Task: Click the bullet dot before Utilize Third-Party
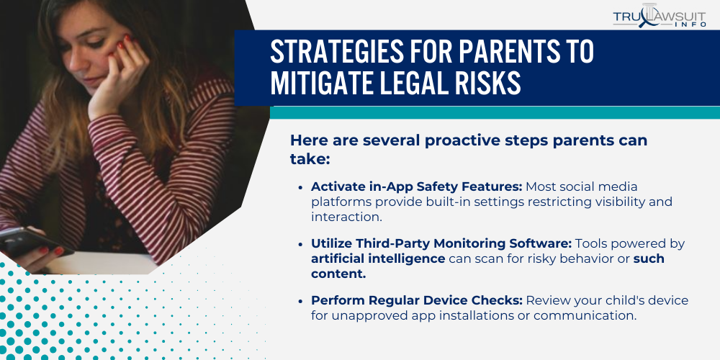[300, 244]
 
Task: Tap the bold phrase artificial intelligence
[378, 258]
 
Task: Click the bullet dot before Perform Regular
[300, 301]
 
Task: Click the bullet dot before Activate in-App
[300, 187]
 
